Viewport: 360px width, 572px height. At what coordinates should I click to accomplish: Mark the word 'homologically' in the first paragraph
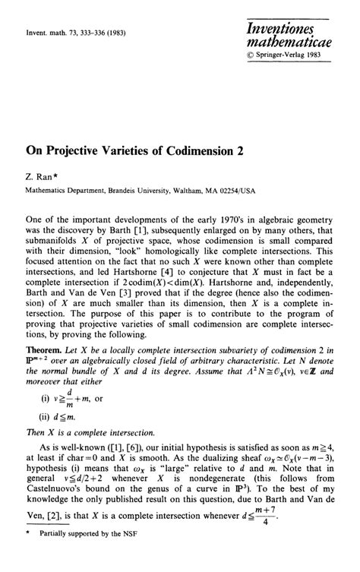(x=165, y=255)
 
